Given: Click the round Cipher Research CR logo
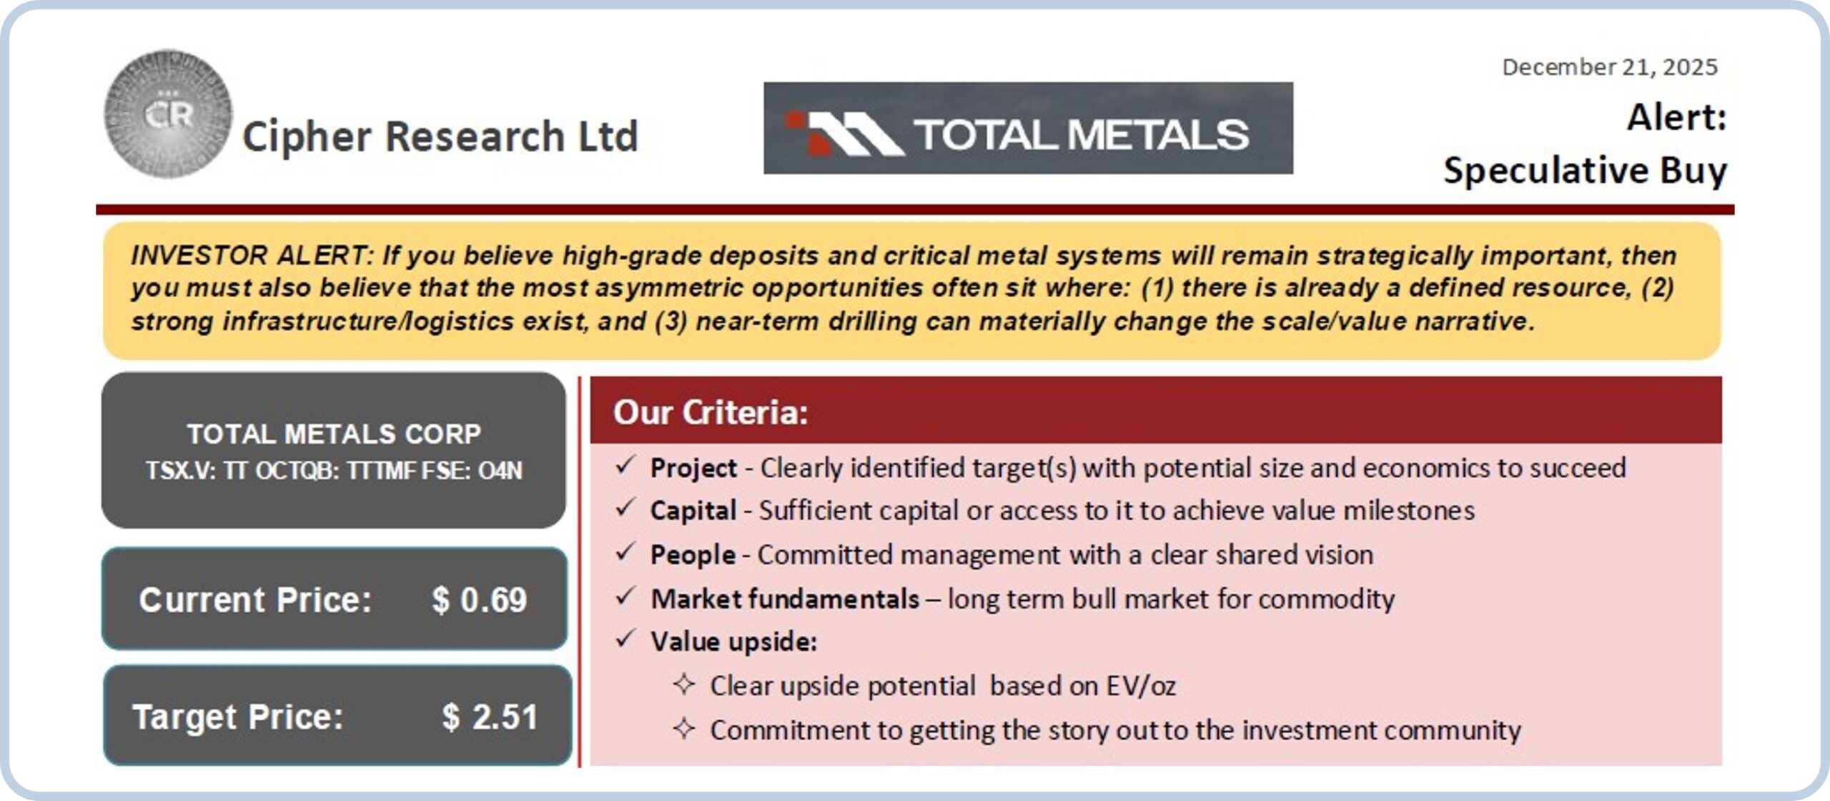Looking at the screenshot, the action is coord(168,114).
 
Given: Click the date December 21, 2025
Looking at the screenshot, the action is coord(1609,67).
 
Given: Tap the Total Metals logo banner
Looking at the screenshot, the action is coord(1028,128).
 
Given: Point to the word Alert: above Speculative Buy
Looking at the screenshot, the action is coord(1677,117).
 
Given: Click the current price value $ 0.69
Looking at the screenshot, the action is coord(479,599).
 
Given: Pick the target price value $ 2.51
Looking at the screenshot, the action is coord(490,717).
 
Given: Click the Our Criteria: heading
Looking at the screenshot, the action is coord(711,412).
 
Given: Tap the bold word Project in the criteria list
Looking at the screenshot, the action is coord(693,469).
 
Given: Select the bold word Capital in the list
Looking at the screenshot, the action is coord(693,511).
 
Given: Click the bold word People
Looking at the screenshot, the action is coord(693,555).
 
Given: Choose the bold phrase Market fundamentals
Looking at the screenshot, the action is coord(785,599).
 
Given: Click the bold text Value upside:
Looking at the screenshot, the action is coord(734,642).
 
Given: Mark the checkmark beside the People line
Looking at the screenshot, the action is coord(625,552).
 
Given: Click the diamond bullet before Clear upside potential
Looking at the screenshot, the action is coord(684,685).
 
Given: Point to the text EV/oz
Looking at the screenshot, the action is coord(1141,686).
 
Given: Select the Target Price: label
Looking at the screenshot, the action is coord(238,717).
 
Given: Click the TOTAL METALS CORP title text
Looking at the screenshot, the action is coord(334,434).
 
